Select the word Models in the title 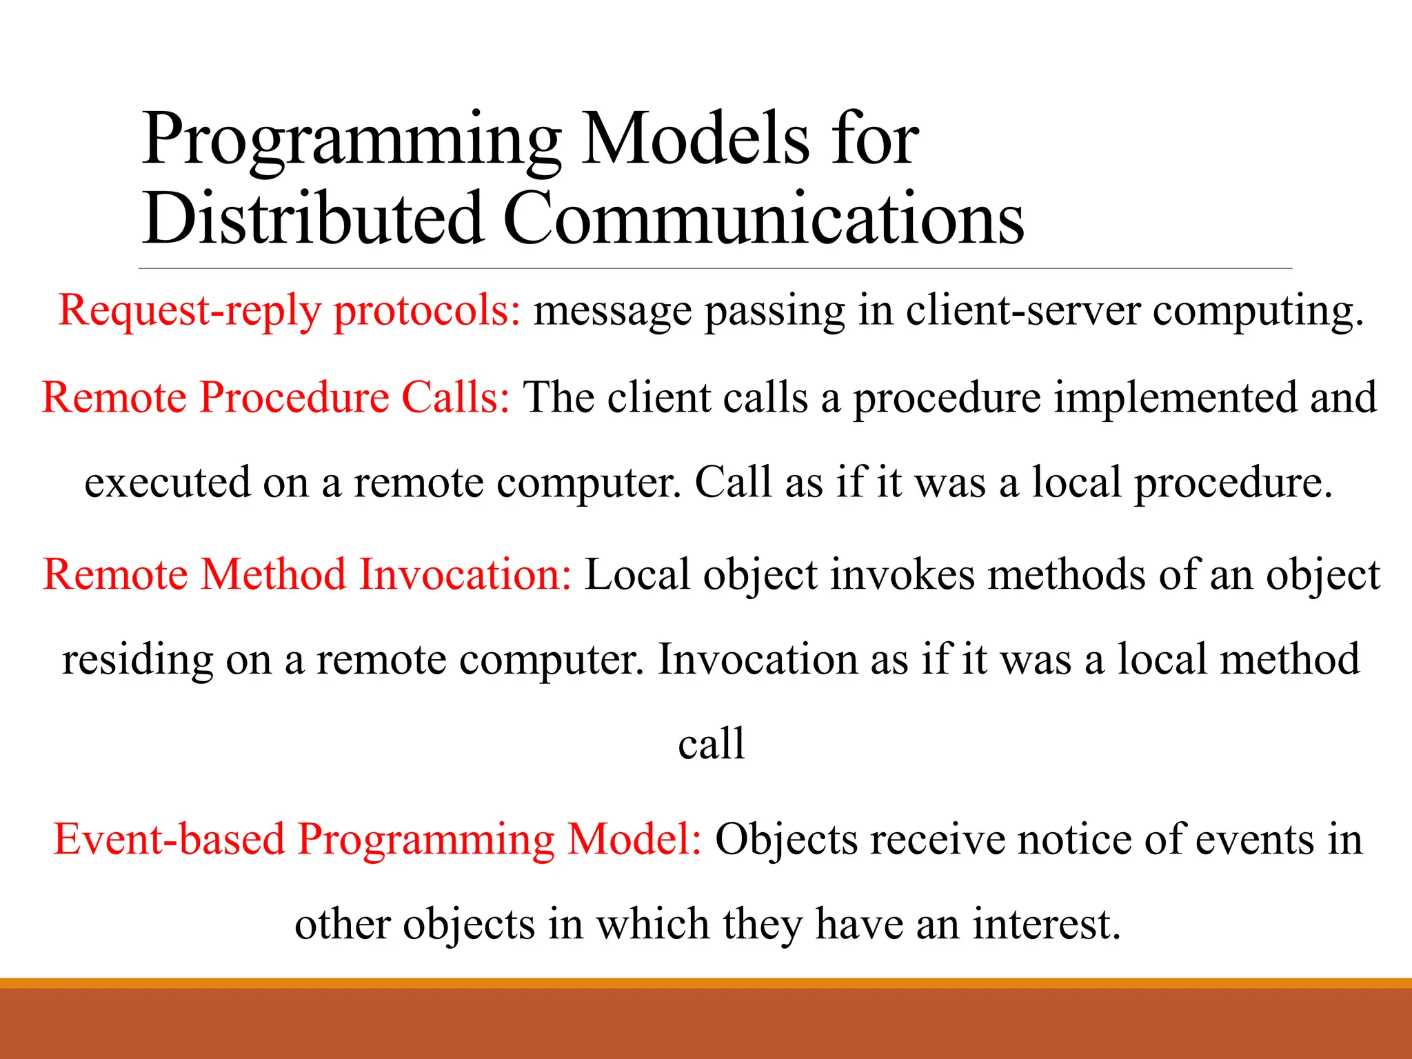695,139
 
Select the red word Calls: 455,398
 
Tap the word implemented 1176,398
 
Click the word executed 167,482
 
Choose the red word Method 273,574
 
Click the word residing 137,660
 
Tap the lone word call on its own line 711,744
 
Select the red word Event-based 169,840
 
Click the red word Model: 634,840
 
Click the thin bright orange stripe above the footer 706,983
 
